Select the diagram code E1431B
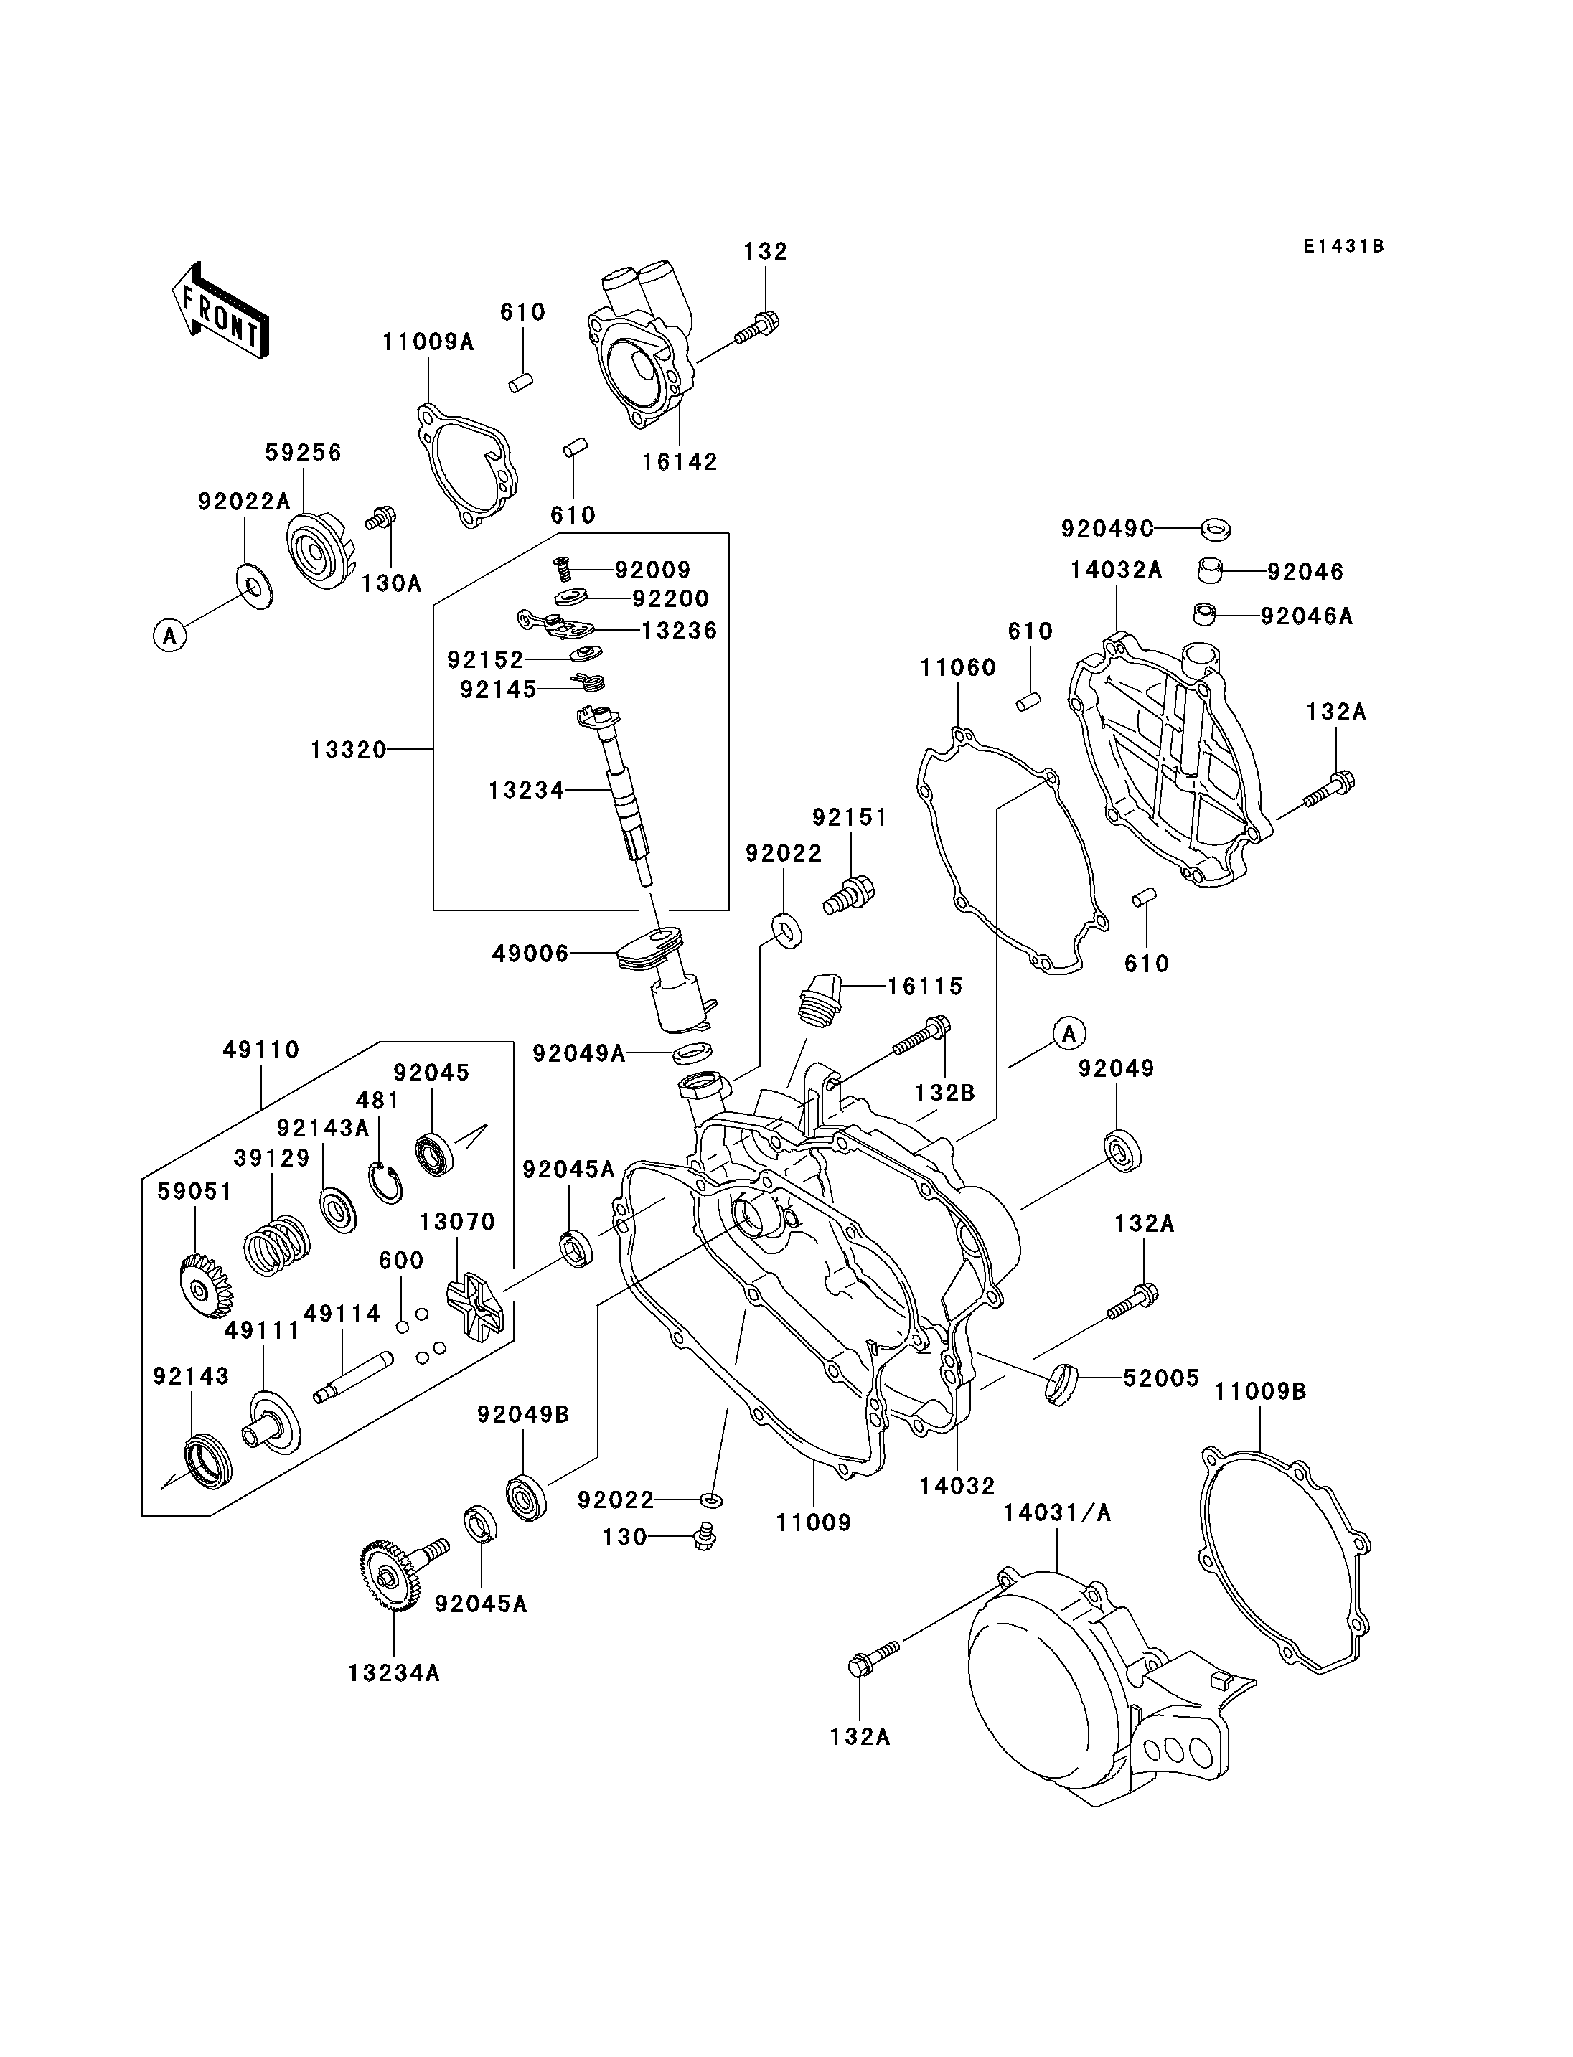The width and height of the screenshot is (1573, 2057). pos(1343,246)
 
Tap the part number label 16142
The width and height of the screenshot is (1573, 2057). pos(680,461)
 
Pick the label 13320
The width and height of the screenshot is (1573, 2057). pos(348,749)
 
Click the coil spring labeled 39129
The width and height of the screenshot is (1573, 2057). pos(276,1246)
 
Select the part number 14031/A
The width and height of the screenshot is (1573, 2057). pos(1057,1512)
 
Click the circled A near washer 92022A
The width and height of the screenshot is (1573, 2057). pos(169,636)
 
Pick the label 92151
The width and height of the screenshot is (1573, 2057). pos(849,817)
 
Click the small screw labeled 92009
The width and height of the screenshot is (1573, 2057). pos(561,567)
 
